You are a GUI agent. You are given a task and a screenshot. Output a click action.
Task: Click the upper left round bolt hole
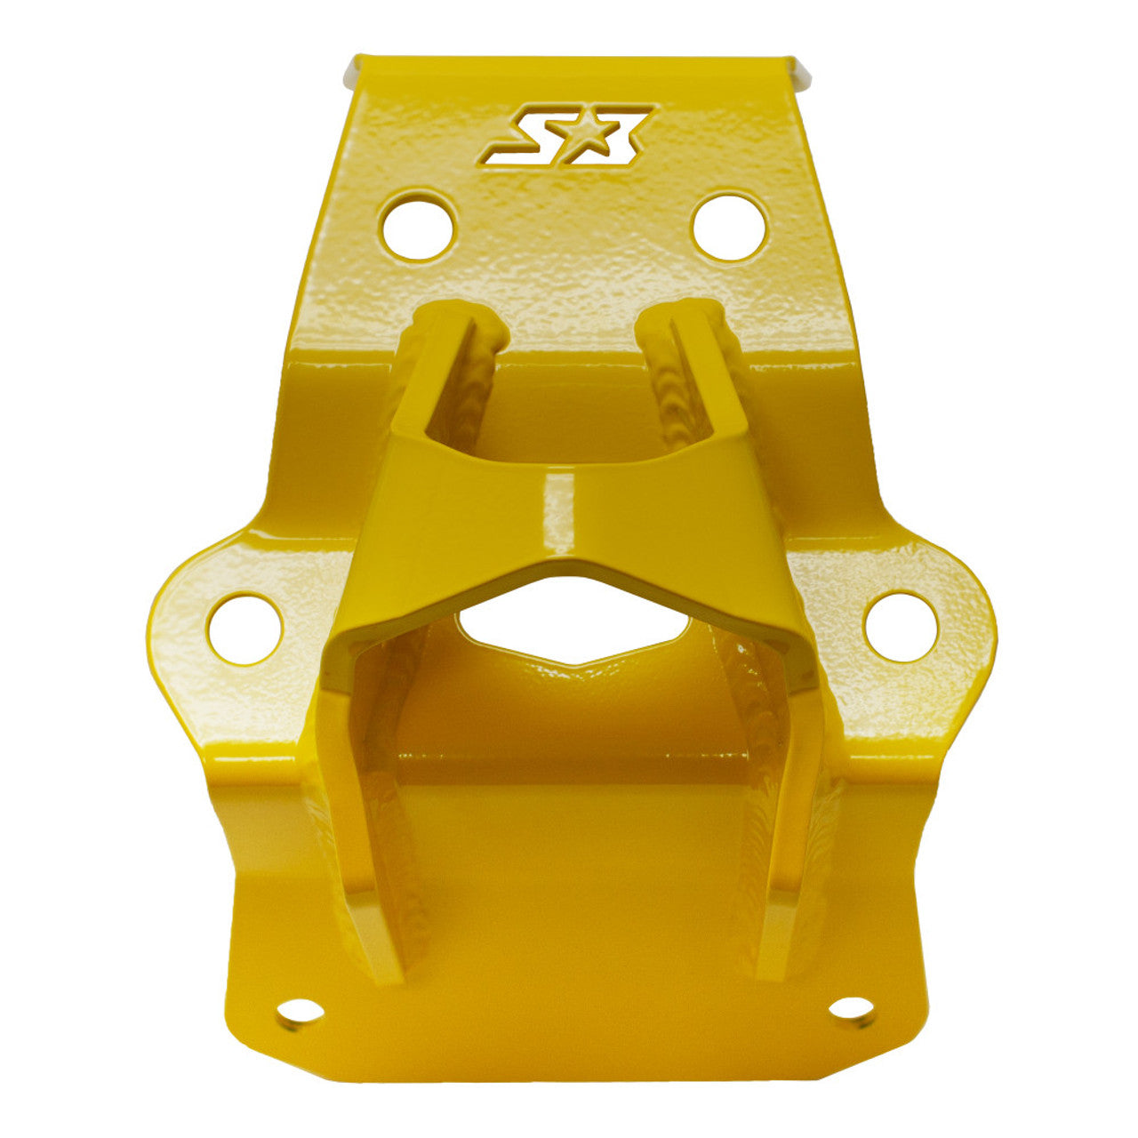(418, 226)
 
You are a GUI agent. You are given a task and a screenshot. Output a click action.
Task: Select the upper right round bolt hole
(729, 226)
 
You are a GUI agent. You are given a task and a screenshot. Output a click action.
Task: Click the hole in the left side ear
(245, 629)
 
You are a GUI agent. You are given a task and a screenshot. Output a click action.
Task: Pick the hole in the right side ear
(900, 628)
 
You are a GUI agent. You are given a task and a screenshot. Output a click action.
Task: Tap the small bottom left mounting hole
(300, 1012)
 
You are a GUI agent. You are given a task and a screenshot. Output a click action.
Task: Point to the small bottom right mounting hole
(853, 1008)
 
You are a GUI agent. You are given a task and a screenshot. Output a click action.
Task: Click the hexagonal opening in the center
(574, 621)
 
